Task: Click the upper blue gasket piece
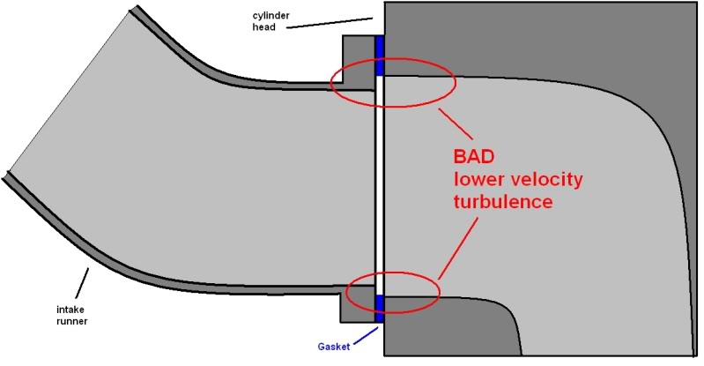[x=381, y=56]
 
